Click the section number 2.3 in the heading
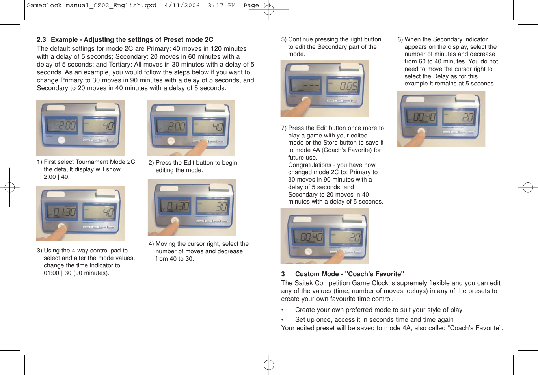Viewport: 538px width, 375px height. click(x=41, y=40)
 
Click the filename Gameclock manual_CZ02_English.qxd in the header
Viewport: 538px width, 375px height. click(x=91, y=6)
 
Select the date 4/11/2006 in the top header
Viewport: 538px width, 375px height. click(x=182, y=6)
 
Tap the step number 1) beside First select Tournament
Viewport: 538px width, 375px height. click(x=39, y=162)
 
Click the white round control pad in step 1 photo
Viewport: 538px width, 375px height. click(x=61, y=140)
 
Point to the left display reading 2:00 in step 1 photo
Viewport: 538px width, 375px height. click(x=62, y=126)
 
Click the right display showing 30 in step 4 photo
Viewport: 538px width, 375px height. click(x=213, y=206)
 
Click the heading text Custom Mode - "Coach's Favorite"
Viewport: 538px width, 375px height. click(x=350, y=274)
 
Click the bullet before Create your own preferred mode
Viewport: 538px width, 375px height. click(x=283, y=310)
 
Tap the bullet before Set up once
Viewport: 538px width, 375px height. click(x=283, y=320)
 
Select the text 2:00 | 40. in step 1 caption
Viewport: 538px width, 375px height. click(x=57, y=177)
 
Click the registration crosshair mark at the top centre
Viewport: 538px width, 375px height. click(x=269, y=10)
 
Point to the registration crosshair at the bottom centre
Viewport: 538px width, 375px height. click(x=269, y=365)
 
